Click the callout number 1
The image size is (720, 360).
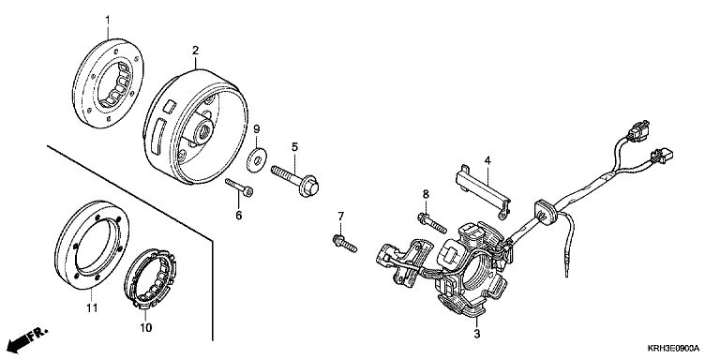pos(108,20)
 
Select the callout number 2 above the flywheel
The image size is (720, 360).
pos(196,50)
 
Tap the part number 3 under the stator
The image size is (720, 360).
pos(477,334)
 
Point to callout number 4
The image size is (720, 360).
pos(487,160)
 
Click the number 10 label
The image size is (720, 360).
pos(146,328)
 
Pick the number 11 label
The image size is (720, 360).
pos(92,307)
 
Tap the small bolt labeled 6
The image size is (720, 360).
pos(239,187)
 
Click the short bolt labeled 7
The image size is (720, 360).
pos(344,244)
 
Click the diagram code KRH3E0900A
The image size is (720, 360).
pos(673,349)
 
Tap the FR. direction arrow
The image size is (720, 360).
pos(27,337)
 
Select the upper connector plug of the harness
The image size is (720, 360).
pos(639,132)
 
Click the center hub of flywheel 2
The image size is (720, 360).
pos(203,130)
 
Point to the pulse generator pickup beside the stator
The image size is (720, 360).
pos(404,263)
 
